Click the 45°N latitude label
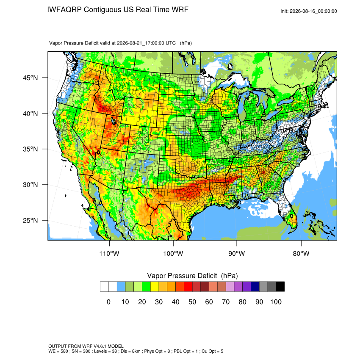30,78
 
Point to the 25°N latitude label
30,220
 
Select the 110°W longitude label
109,253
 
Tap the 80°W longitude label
301,253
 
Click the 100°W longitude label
173,253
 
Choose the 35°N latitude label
30,149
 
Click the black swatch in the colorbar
280,287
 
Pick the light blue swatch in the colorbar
121,287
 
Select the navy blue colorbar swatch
255,287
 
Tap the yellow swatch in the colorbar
155,287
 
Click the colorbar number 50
192,302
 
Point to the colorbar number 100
276,302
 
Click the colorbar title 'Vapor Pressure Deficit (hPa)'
192,276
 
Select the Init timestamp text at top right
309,11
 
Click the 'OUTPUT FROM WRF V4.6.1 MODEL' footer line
86,346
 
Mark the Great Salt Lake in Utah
114,121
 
